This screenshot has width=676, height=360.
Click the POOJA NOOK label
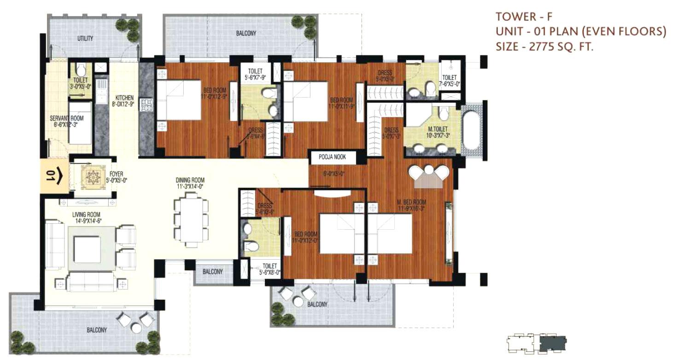(332, 157)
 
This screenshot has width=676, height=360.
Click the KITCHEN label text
(124, 98)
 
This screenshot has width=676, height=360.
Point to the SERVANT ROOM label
(67, 118)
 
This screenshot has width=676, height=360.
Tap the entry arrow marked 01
(55, 176)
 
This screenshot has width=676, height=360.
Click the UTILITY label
(85, 39)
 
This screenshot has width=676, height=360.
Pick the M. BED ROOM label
(412, 202)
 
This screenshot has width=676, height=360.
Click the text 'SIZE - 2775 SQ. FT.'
(543, 46)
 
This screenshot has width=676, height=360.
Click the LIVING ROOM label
(86, 215)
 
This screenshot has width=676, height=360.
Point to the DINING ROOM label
(190, 180)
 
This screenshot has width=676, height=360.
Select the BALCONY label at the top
(246, 34)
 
